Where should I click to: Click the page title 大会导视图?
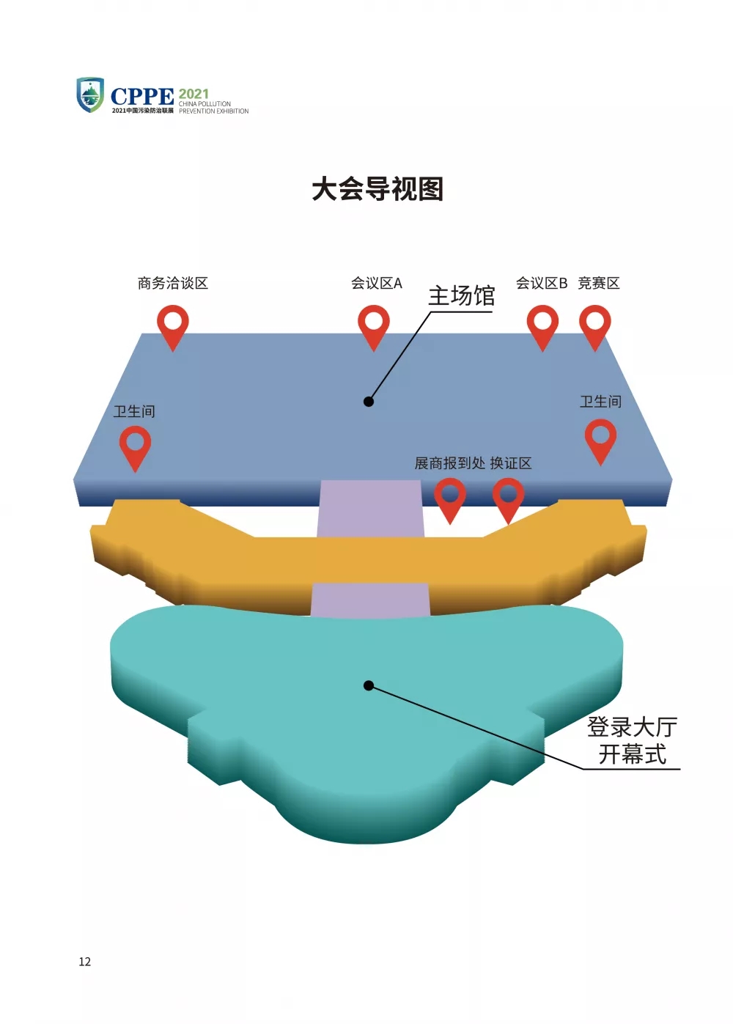pos(377,189)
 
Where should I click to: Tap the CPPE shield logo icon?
pos(90,95)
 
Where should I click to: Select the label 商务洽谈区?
pos(173,283)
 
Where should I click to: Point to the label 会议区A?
pos(376,283)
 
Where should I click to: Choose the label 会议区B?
pos(542,283)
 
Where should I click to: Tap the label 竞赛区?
pos(599,283)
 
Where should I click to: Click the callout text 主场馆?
pos(461,296)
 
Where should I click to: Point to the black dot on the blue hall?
pos(369,401)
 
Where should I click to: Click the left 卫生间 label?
pos(134,411)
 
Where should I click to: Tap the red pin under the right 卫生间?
pos(600,439)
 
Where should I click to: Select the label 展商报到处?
pos(449,463)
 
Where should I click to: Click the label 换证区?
pos(511,463)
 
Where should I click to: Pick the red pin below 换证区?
pos(508,498)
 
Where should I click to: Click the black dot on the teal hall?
pos(369,685)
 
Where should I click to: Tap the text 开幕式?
pos(632,754)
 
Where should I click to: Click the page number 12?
pos(85,962)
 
